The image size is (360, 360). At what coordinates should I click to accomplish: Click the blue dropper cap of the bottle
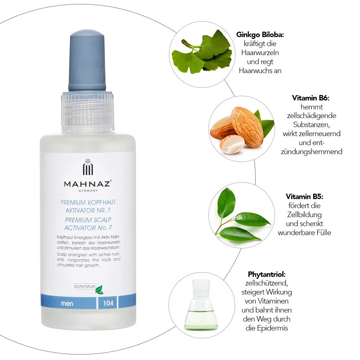[x=87, y=61]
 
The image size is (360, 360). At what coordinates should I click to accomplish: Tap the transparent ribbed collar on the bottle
[x=87, y=112]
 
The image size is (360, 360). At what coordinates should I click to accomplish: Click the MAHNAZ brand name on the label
[x=88, y=184]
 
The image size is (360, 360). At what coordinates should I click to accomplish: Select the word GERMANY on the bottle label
[x=88, y=190]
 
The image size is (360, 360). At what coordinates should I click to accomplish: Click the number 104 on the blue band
[x=108, y=303]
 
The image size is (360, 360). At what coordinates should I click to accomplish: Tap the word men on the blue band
[x=67, y=303]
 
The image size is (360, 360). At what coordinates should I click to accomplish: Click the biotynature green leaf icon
[x=99, y=290]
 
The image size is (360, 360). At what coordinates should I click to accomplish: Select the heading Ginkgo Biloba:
[x=260, y=35]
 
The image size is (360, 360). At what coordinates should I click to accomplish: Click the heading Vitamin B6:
[x=311, y=98]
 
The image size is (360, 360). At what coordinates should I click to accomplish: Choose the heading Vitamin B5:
[x=305, y=197]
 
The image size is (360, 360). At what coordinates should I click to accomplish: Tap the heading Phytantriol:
[x=266, y=274]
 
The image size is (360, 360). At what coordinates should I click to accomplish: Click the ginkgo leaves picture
[x=202, y=52]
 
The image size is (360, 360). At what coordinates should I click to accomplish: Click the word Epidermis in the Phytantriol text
[x=272, y=328]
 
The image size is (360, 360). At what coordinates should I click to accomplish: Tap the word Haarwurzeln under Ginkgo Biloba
[x=260, y=53]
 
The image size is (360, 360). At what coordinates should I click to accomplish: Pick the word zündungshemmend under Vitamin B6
[x=311, y=152]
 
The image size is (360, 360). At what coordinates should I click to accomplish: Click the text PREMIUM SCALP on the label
[x=88, y=220]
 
